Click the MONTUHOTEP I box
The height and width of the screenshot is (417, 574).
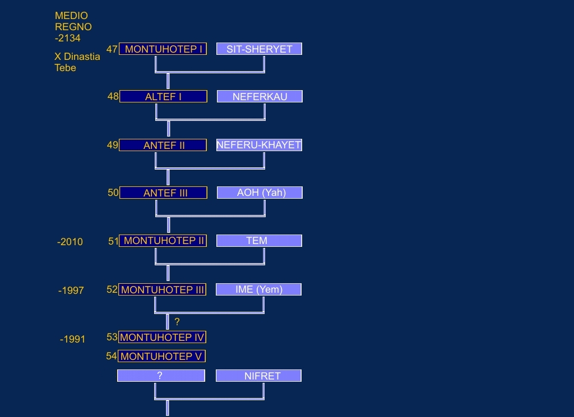click(x=163, y=49)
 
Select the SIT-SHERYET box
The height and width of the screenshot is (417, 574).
click(x=259, y=49)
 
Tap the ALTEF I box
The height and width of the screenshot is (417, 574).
click(x=163, y=96)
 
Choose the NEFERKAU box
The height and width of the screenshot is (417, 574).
click(x=260, y=96)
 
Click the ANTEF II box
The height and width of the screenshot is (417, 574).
click(x=163, y=145)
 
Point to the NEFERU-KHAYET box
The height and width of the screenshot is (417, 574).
click(x=259, y=145)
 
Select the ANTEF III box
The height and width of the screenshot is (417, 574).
click(x=163, y=193)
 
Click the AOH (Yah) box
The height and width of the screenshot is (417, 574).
click(x=260, y=193)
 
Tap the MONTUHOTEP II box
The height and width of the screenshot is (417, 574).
click(x=163, y=241)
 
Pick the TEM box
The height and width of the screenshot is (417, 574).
click(x=259, y=241)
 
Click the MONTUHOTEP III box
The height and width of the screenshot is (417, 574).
click(x=162, y=289)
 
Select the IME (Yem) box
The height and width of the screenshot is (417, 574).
click(x=258, y=289)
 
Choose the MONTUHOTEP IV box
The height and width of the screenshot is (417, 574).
click(x=162, y=337)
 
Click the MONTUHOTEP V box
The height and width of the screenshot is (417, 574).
click(x=161, y=356)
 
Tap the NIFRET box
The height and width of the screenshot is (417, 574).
click(x=258, y=376)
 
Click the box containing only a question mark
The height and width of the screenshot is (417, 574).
click(x=161, y=376)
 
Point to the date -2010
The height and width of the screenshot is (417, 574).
click(x=70, y=242)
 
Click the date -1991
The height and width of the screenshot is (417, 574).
click(x=72, y=339)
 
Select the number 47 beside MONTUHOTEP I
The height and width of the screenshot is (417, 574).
click(x=112, y=49)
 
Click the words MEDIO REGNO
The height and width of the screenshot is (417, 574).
click(x=73, y=21)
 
